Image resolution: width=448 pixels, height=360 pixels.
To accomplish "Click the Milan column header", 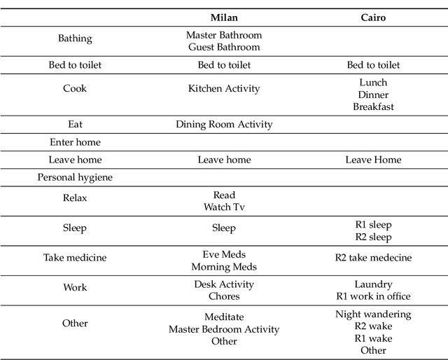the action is (x=224, y=18).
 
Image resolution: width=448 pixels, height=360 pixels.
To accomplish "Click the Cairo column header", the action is (x=373, y=18).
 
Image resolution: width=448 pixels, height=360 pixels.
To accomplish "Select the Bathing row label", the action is (x=75, y=39).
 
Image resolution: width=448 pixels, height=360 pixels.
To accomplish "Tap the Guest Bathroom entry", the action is (x=224, y=47).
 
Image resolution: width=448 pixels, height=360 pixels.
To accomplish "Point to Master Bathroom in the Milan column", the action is (x=224, y=34).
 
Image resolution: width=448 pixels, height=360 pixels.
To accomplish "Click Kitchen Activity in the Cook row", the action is (x=224, y=88).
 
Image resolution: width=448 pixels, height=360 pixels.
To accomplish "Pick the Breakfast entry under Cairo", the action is (x=373, y=106).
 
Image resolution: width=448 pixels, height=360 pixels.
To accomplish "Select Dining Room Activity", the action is (x=224, y=125).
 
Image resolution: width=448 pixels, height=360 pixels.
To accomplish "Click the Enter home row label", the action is (x=75, y=142).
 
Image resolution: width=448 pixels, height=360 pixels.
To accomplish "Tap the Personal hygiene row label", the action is (x=75, y=177).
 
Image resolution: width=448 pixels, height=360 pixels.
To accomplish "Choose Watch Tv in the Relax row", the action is (x=224, y=207).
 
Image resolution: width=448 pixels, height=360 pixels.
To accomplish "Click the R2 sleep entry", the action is (x=373, y=237).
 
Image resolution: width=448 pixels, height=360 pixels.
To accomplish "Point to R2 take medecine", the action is (x=373, y=257).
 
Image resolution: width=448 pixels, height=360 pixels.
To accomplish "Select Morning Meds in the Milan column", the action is (x=224, y=266).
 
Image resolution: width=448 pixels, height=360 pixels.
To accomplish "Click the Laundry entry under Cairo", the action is (x=373, y=284).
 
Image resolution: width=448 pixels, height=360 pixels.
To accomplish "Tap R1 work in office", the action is (x=373, y=296).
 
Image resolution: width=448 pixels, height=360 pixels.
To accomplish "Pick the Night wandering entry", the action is (x=373, y=314).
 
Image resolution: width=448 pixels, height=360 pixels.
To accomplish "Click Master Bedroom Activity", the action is (x=224, y=329).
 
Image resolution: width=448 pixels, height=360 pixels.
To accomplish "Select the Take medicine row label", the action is (x=75, y=257).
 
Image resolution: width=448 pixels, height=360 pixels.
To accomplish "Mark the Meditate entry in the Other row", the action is (x=224, y=317).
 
